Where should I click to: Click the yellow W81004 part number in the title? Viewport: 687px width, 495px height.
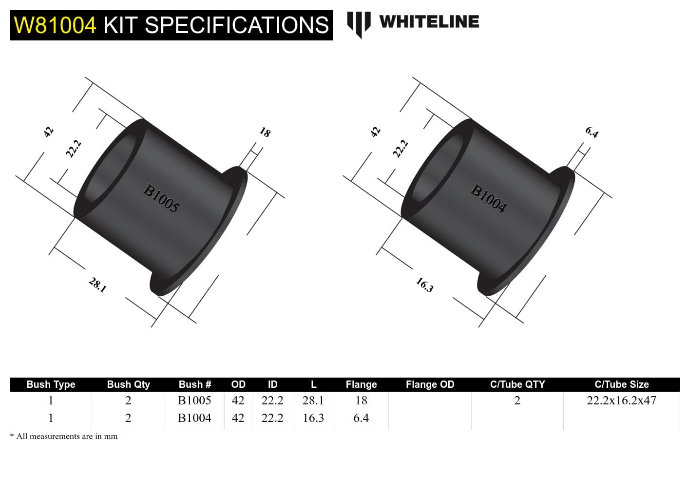click(55, 25)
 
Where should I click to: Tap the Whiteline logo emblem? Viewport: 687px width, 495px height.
click(359, 23)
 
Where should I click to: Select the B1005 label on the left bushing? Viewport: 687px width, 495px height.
click(161, 198)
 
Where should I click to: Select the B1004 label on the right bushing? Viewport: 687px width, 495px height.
click(488, 198)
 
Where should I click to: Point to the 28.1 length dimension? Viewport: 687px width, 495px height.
click(97, 285)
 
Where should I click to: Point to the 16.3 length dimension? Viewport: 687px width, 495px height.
click(424, 285)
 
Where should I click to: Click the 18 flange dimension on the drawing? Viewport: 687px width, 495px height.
click(265, 132)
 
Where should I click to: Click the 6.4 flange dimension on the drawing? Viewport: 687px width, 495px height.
click(592, 132)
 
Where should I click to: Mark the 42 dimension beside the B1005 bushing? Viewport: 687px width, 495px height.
click(48, 132)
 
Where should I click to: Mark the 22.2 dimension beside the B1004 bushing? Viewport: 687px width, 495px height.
click(401, 149)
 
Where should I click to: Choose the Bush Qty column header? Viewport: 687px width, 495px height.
click(128, 384)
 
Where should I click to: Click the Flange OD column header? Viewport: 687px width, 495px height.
click(430, 384)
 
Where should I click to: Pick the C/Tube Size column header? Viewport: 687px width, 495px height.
click(621, 384)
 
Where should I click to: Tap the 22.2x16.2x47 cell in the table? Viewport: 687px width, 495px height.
click(621, 400)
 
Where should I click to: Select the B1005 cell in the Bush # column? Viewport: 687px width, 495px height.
click(194, 400)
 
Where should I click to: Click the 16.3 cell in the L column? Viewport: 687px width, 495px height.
click(313, 418)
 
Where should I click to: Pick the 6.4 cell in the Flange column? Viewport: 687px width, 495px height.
click(361, 418)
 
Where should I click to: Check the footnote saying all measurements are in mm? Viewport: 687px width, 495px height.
click(64, 437)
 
